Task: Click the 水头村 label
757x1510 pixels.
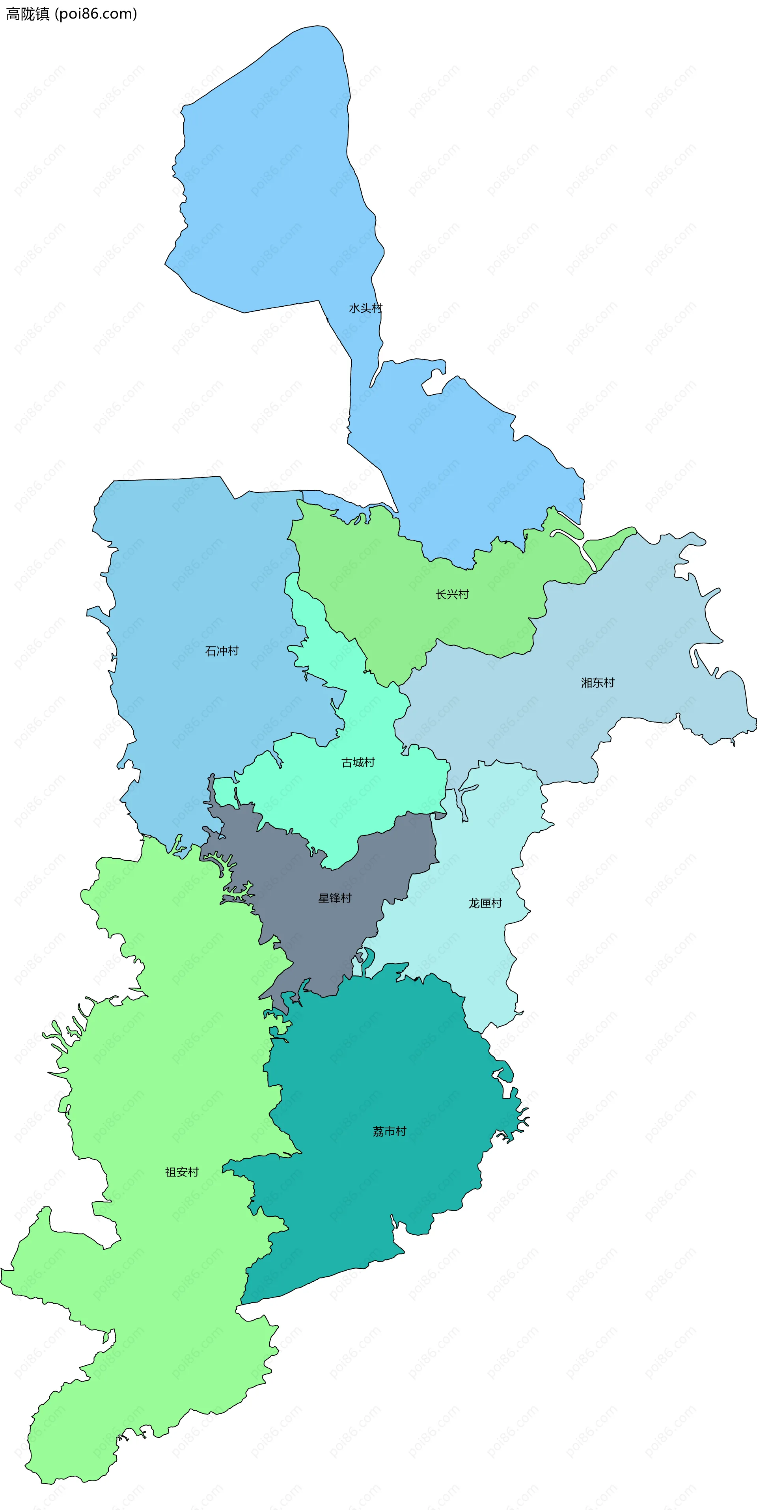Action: point(365,308)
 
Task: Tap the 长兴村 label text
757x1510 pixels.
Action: point(452,595)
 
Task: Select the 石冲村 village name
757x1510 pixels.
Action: point(222,651)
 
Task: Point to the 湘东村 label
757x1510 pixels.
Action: point(597,682)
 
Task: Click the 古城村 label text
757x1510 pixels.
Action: point(358,762)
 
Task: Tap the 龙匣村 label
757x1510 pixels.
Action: point(485,903)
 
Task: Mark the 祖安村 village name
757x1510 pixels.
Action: point(182,1172)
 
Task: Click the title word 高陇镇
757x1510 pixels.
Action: point(28,14)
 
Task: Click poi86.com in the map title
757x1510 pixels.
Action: point(95,14)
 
